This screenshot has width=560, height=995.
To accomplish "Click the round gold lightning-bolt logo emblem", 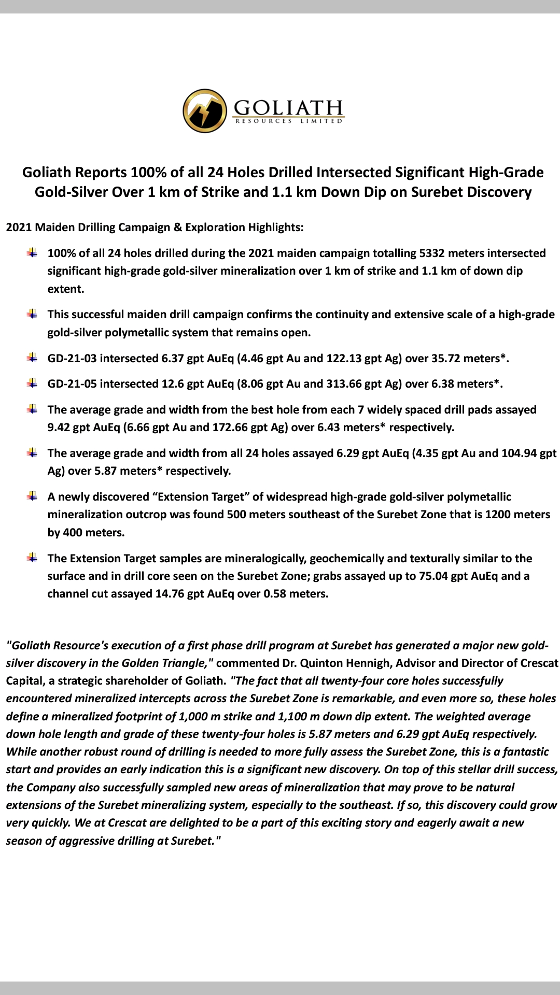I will (x=204, y=110).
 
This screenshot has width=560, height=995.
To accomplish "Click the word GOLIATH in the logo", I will (x=288, y=107).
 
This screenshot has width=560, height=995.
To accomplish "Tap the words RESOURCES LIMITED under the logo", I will (x=289, y=121).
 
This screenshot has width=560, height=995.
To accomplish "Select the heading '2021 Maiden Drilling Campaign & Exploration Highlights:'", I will (x=155, y=227).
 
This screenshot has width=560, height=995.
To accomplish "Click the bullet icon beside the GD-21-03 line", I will (x=32, y=358).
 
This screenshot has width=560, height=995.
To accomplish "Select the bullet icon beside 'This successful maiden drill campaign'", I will (x=32, y=314).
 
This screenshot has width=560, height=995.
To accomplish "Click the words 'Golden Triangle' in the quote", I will (x=164, y=663).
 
